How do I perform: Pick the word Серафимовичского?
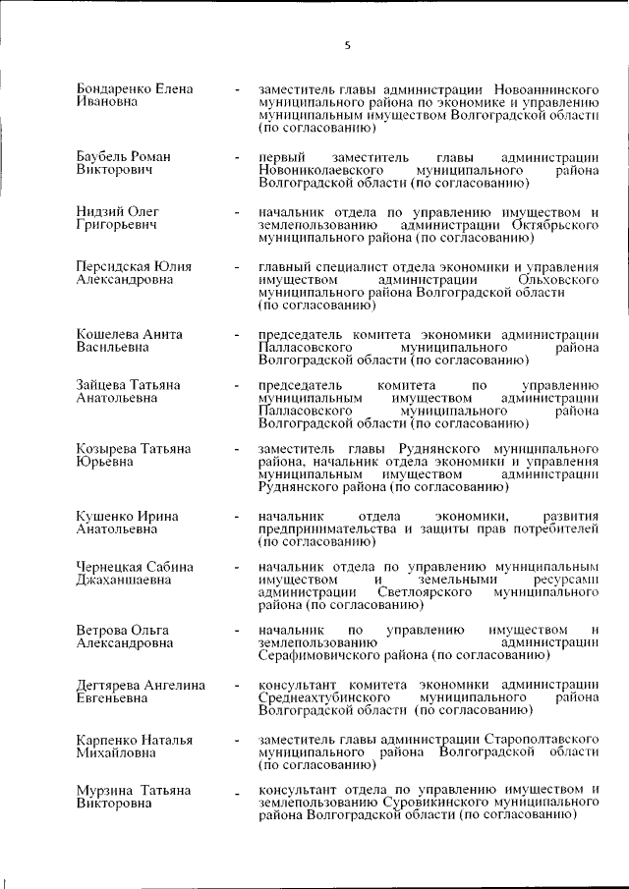point(321,654)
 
